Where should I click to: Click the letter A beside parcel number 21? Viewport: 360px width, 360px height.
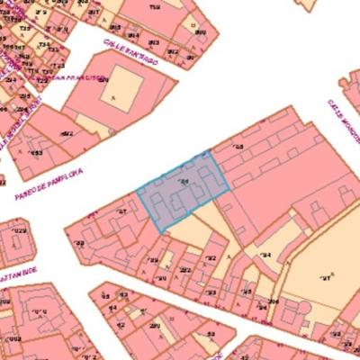tap(332, 273)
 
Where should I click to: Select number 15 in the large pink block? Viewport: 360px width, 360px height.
tap(238, 147)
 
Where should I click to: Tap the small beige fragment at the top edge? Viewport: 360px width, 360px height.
tap(308, 4)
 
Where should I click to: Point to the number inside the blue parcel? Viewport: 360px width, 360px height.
tap(185, 184)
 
